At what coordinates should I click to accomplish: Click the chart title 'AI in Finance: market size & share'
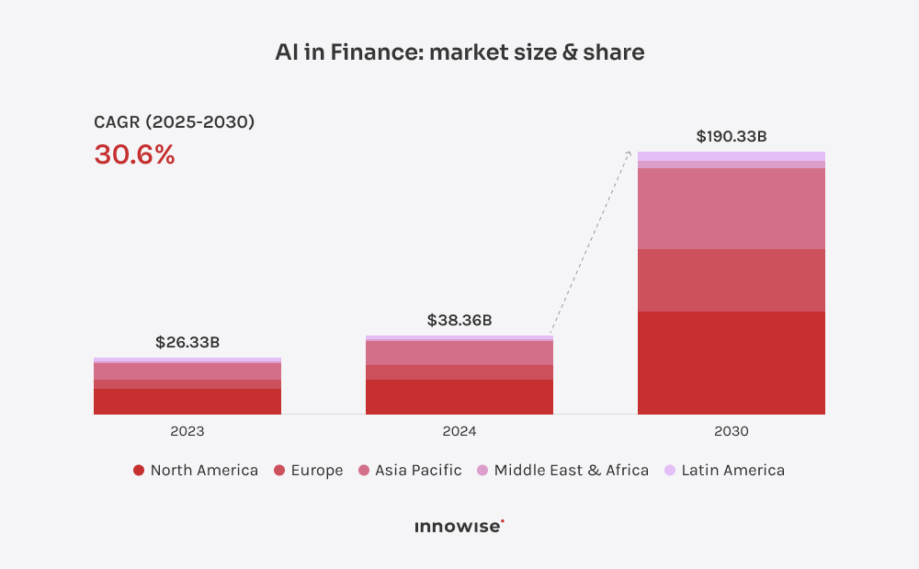[x=459, y=52]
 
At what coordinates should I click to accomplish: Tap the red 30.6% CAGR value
[x=134, y=154]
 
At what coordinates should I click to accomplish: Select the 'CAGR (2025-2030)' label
[x=174, y=121]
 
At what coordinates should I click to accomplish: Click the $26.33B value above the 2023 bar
[x=187, y=343]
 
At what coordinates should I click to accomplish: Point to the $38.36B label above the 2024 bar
[x=459, y=321]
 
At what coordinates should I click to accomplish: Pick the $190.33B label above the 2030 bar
[x=731, y=137]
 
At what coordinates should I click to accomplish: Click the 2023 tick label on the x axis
[x=187, y=431]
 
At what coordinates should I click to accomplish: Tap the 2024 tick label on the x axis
[x=459, y=431]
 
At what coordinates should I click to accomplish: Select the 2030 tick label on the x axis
[x=731, y=431]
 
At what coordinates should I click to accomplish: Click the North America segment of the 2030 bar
[x=731, y=363]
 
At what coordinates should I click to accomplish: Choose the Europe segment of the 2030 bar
[x=731, y=280]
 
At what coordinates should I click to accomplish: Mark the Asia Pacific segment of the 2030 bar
[x=731, y=209]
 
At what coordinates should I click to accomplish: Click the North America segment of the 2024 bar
[x=459, y=397]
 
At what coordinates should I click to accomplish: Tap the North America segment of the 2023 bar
[x=187, y=402]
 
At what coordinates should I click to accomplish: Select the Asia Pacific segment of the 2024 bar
[x=459, y=353]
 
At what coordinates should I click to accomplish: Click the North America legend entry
[x=196, y=470]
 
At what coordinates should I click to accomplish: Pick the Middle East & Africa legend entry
[x=562, y=470]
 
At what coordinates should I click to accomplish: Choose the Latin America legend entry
[x=724, y=470]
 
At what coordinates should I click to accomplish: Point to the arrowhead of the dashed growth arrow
[x=630, y=154]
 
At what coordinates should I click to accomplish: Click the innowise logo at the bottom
[x=459, y=527]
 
